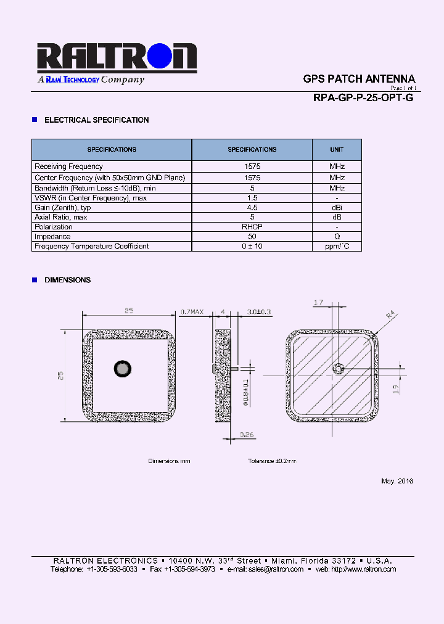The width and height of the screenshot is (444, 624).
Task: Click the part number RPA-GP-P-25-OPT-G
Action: tap(363, 97)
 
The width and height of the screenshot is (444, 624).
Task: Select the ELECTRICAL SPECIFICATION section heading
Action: tap(96, 120)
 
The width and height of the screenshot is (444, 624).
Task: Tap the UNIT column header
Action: tap(337, 150)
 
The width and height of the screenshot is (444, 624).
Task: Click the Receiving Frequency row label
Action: tap(68, 166)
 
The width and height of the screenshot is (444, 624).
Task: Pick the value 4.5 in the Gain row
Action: tap(252, 208)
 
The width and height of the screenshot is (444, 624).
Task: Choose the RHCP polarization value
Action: tap(252, 227)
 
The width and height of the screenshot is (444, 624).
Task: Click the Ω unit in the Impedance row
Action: tap(337, 237)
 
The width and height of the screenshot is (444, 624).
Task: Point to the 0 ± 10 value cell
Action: tap(252, 247)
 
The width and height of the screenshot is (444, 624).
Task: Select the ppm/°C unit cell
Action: tap(337, 247)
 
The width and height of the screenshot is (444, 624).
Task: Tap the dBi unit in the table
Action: tap(337, 208)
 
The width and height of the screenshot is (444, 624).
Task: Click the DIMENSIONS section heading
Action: tap(67, 280)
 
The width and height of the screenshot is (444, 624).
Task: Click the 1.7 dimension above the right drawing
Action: tap(319, 303)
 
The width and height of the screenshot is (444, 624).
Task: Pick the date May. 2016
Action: tap(397, 481)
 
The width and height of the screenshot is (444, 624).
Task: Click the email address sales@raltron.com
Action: tap(276, 569)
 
